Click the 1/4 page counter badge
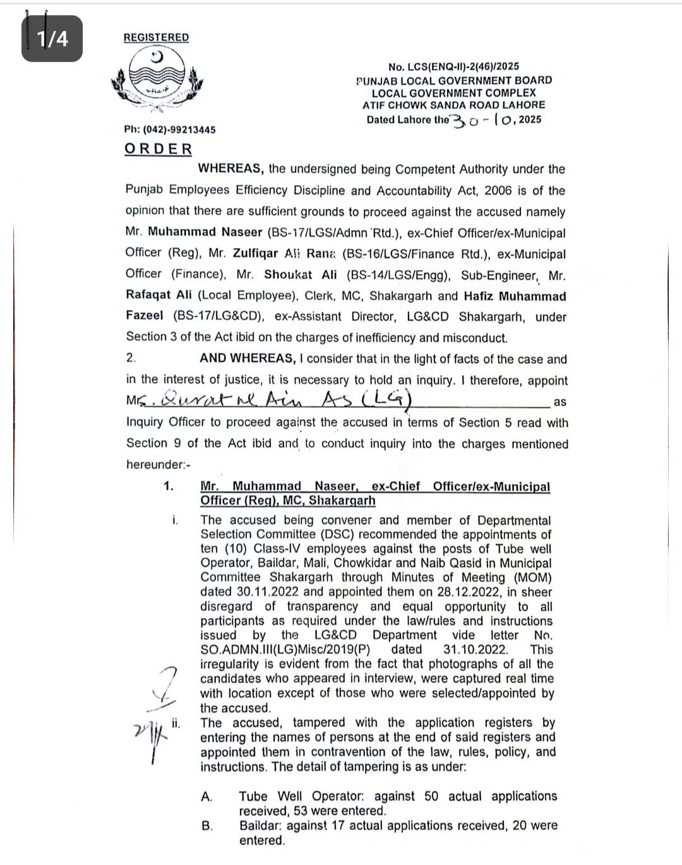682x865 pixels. (x=52, y=39)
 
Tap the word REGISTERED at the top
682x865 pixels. (x=156, y=37)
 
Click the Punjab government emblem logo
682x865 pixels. (x=156, y=81)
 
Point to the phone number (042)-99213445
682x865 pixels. (x=170, y=129)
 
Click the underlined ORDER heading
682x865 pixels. (x=158, y=149)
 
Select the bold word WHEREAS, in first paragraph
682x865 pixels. (x=230, y=169)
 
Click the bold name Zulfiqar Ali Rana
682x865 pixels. (x=284, y=254)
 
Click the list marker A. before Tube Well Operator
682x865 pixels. (x=206, y=797)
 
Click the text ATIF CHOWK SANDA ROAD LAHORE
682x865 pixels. (x=453, y=105)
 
